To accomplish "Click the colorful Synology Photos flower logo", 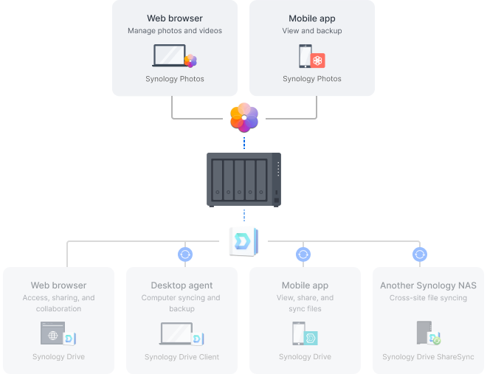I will (x=244, y=117).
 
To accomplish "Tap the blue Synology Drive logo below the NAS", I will (x=243, y=240).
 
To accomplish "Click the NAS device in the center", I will (x=243, y=179).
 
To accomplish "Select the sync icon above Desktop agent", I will (x=185, y=254).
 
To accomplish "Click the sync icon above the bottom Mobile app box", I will (x=303, y=254).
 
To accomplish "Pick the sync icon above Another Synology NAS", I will (x=420, y=254).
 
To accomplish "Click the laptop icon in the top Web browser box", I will (x=169, y=56).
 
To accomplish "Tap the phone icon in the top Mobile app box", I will (x=305, y=56).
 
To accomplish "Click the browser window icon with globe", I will (x=52, y=333).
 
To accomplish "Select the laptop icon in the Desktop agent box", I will (x=176, y=333).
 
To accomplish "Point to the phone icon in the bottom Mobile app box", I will (x=299, y=333).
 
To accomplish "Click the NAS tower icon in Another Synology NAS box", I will (x=424, y=333).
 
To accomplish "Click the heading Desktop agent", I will (x=182, y=285).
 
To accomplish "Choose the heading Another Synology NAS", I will (x=428, y=285).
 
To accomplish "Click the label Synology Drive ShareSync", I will (x=428, y=357).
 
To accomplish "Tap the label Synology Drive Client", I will (x=182, y=357).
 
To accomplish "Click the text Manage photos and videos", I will (x=175, y=31).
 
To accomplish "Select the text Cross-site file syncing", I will (x=428, y=298).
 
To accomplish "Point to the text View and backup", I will (x=311, y=31).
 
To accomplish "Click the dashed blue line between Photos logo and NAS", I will (x=243, y=141).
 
